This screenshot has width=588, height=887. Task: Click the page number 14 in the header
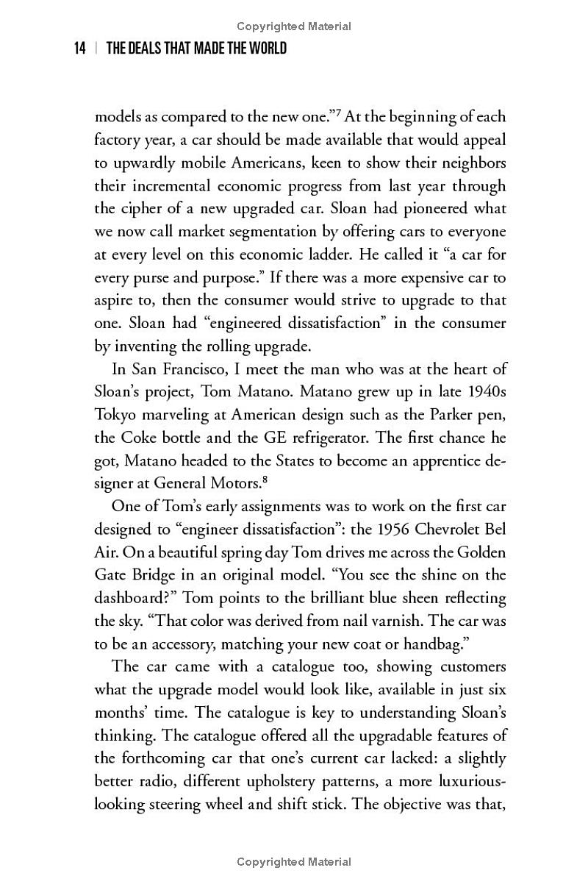pos(81,49)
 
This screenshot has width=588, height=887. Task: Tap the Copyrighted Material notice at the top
pos(294,26)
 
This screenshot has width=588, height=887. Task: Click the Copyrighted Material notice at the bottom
pos(294,862)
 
